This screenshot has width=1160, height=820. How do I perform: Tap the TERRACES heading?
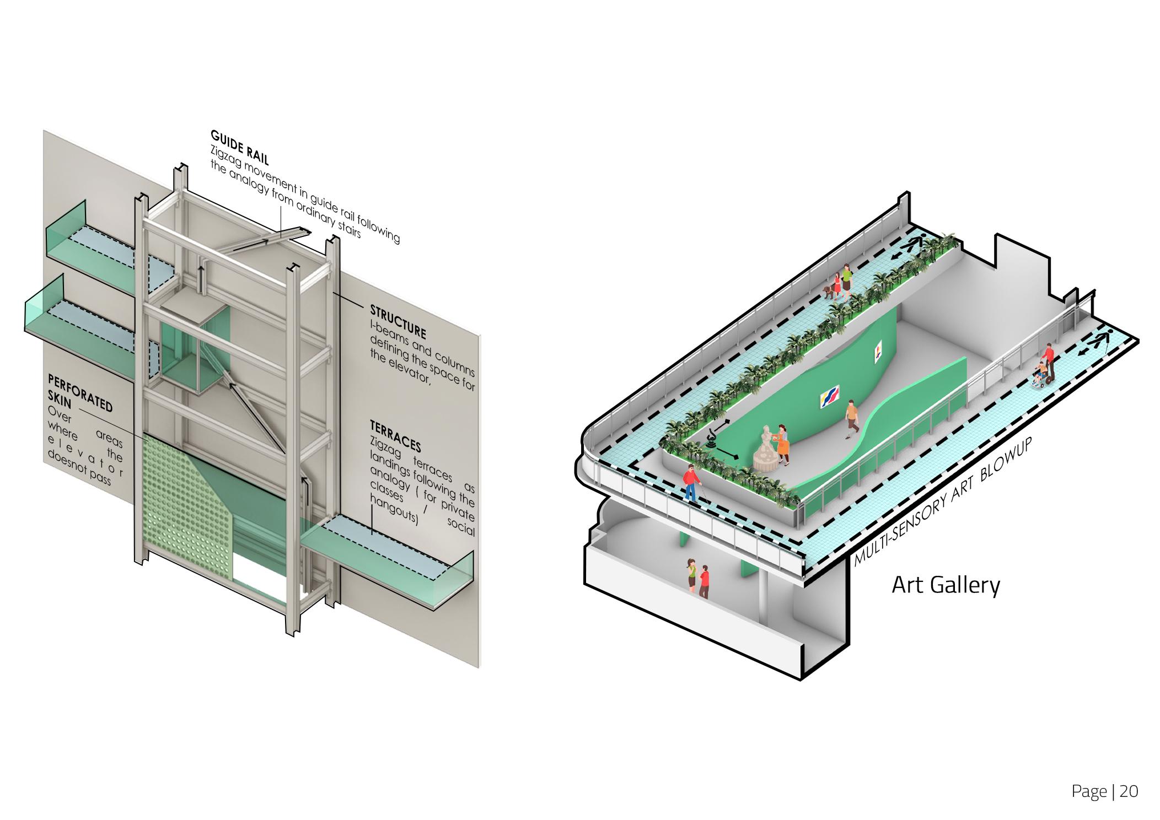click(395, 436)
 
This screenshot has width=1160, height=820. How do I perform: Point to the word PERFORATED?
click(80, 392)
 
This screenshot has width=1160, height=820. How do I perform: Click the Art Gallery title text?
click(946, 585)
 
